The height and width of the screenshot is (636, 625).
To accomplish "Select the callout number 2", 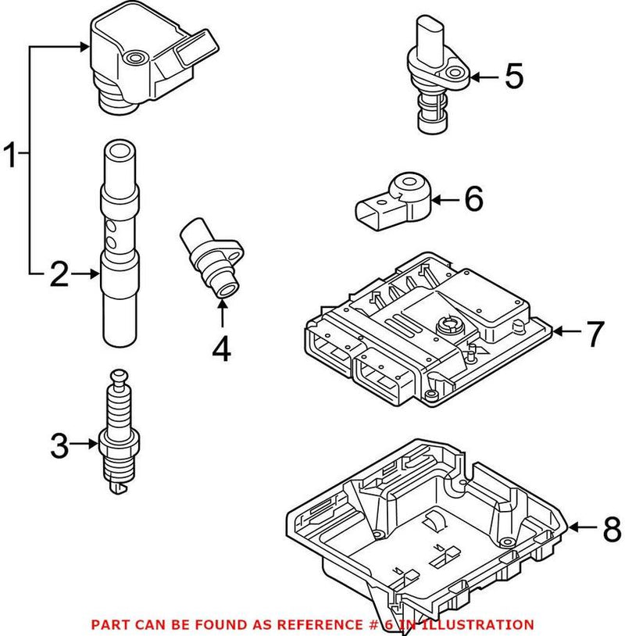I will (x=60, y=274).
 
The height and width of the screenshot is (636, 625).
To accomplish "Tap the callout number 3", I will (x=60, y=447).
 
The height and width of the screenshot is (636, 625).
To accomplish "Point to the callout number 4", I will (x=222, y=348).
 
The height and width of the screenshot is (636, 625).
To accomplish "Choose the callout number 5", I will (x=513, y=77).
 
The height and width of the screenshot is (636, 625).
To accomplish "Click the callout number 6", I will (x=473, y=200).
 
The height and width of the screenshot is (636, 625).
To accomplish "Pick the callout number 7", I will (x=595, y=334).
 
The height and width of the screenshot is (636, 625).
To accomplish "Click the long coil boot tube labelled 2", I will (x=121, y=242).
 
